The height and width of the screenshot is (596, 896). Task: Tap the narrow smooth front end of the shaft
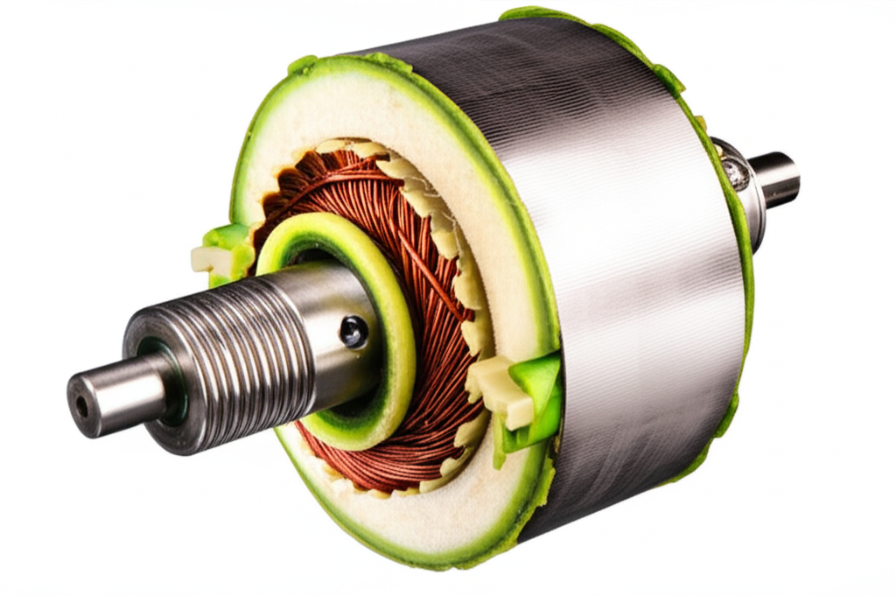pyautogui.click(x=114, y=396)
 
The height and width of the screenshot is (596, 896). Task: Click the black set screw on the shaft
pyautogui.click(x=353, y=330)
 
